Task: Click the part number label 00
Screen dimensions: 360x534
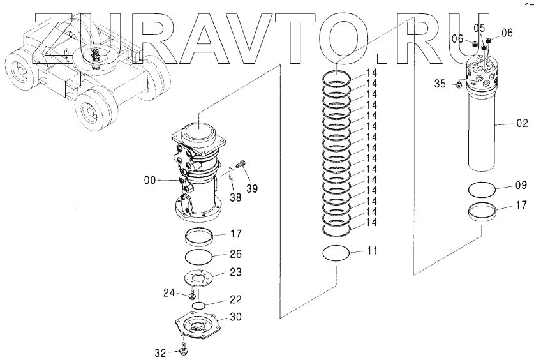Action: point(149,181)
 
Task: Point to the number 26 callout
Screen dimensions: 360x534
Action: point(235,254)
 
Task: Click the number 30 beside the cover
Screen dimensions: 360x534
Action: point(235,318)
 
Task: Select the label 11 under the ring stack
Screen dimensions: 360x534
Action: point(372,251)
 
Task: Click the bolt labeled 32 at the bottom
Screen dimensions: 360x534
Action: point(185,349)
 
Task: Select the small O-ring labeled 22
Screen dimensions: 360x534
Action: point(199,305)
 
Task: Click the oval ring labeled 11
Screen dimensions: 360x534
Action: point(336,253)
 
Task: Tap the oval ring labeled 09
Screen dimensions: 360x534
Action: point(482,190)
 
